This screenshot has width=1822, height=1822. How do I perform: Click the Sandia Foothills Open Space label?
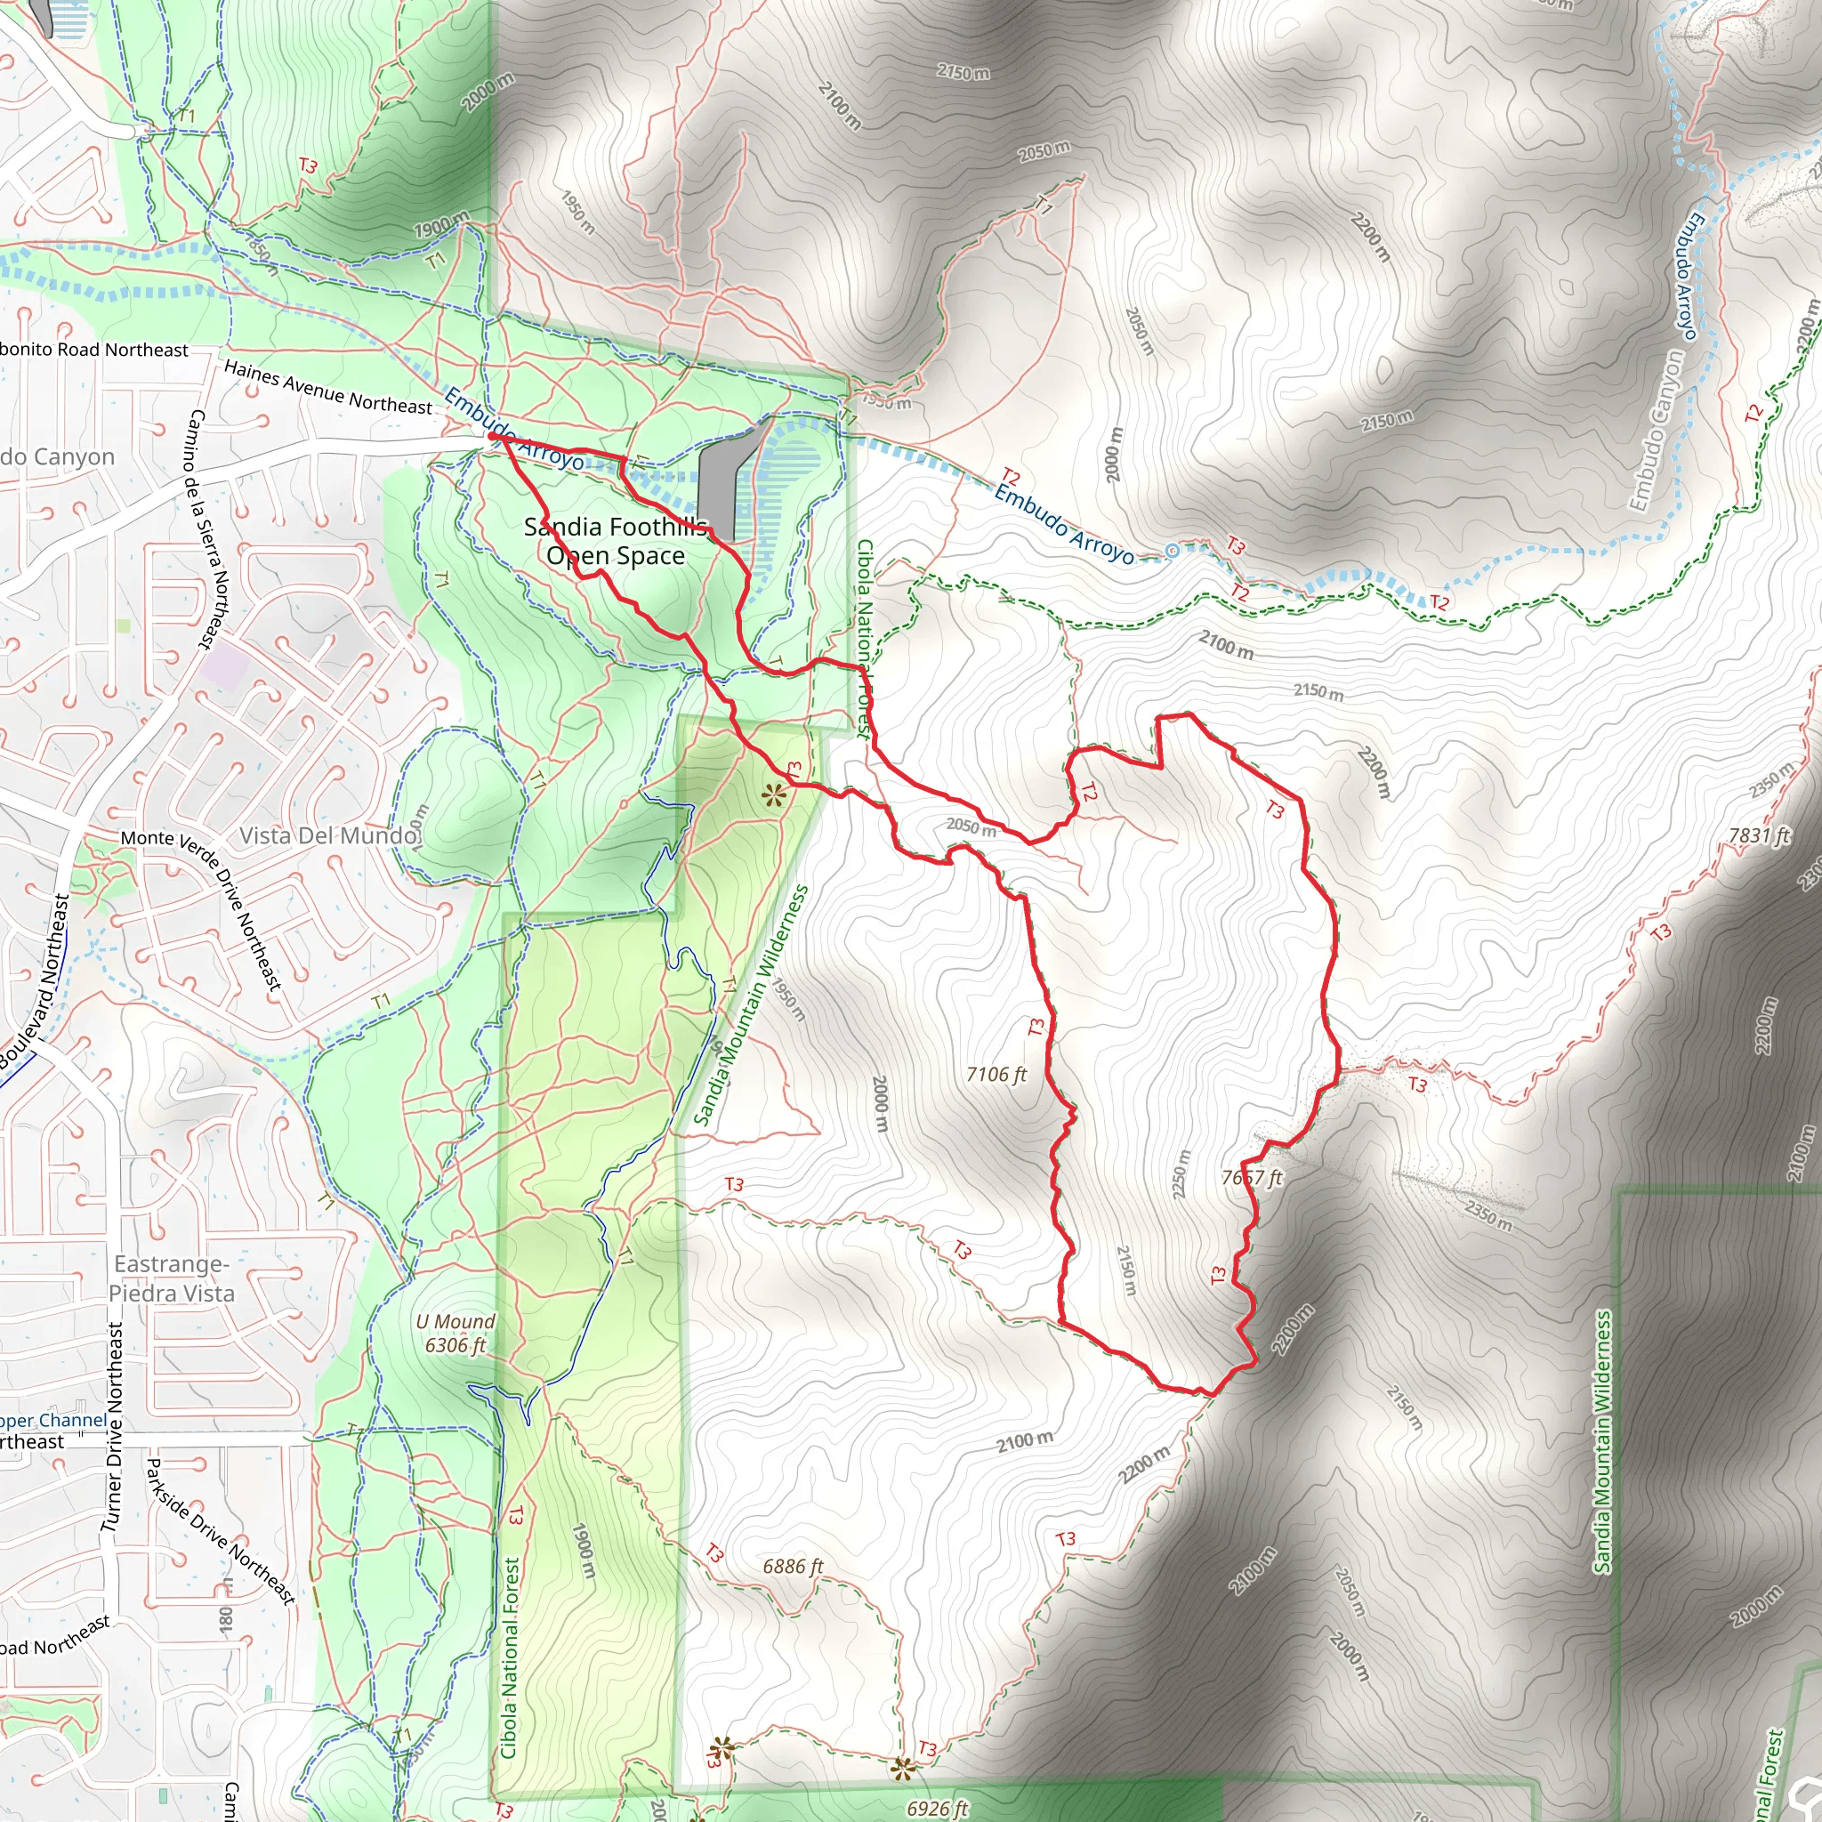tap(615, 541)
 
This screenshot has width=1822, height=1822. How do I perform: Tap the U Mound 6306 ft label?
tap(455, 1333)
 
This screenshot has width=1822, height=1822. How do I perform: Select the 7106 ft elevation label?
tap(996, 1074)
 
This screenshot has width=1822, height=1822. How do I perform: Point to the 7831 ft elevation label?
tap(1758, 835)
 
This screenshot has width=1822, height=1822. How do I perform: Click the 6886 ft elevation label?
tap(792, 1566)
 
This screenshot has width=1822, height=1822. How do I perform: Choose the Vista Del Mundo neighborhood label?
tap(327, 835)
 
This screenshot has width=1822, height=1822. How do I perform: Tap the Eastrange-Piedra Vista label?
tap(172, 1278)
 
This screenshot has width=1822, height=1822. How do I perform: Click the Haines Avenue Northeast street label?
tap(327, 387)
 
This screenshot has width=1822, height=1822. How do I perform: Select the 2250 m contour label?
tap(1181, 1174)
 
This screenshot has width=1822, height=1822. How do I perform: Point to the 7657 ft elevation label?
tap(1252, 1177)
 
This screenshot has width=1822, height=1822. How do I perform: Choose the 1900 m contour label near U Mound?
tap(584, 1550)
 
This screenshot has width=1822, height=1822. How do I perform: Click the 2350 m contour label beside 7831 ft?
tap(1772, 779)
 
